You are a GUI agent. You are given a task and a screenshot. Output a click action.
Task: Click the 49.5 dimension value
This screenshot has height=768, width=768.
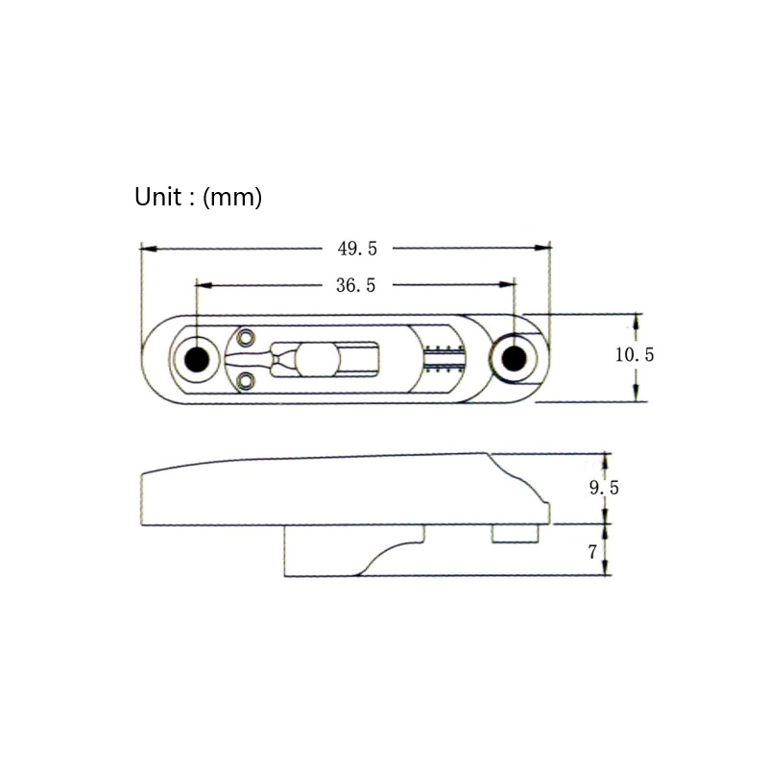[357, 249]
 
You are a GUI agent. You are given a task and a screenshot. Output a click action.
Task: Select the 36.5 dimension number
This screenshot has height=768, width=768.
[355, 285]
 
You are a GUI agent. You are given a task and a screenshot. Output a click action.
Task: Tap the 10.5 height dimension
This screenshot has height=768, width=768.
[635, 354]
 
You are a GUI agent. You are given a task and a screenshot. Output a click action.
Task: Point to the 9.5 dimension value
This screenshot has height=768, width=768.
[604, 488]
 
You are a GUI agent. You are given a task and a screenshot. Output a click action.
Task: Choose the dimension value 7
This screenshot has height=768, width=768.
[592, 552]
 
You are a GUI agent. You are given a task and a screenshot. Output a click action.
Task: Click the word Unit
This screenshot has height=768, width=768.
[158, 197]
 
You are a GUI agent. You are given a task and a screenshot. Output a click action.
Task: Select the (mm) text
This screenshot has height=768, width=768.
[232, 198]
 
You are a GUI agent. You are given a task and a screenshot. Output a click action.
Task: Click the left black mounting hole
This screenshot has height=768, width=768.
[197, 359]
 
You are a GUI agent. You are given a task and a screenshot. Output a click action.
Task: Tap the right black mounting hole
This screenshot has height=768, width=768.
[515, 359]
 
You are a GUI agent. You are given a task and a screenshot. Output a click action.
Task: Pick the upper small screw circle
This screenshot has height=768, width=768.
[246, 337]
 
